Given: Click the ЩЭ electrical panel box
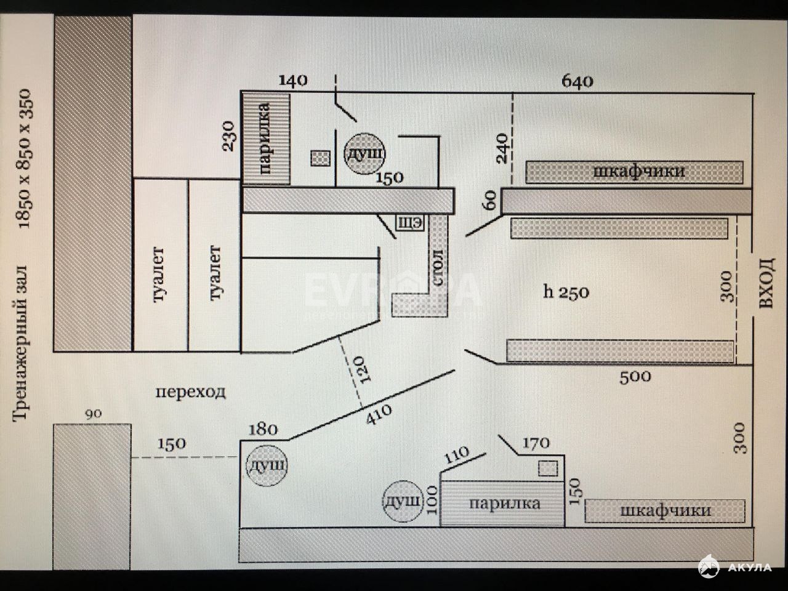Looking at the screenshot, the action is pyautogui.click(x=409, y=223).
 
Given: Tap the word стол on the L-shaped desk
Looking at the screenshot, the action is pyautogui.click(x=438, y=268).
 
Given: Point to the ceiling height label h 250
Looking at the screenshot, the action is pyautogui.click(x=566, y=292).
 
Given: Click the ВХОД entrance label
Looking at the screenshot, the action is pyautogui.click(x=766, y=283).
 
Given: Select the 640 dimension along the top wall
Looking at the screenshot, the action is pyautogui.click(x=577, y=81).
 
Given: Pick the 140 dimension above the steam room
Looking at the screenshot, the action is pyautogui.click(x=293, y=81).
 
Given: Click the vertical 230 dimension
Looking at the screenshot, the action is pyautogui.click(x=228, y=136).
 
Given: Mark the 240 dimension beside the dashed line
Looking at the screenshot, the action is pyautogui.click(x=502, y=148).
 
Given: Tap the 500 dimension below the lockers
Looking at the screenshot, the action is pyautogui.click(x=635, y=378).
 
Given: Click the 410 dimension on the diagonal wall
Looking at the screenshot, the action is pyautogui.click(x=379, y=414).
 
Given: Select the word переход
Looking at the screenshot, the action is pyautogui.click(x=191, y=392).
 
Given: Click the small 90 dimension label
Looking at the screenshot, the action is pyautogui.click(x=94, y=414).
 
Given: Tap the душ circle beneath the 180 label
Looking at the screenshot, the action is pyautogui.click(x=267, y=466).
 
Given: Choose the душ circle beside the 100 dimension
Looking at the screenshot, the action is pyautogui.click(x=402, y=501).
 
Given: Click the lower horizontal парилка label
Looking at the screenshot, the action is pyautogui.click(x=504, y=504).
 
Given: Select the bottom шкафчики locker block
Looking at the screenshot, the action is pyautogui.click(x=665, y=511).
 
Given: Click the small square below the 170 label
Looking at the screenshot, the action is pyautogui.click(x=548, y=468).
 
